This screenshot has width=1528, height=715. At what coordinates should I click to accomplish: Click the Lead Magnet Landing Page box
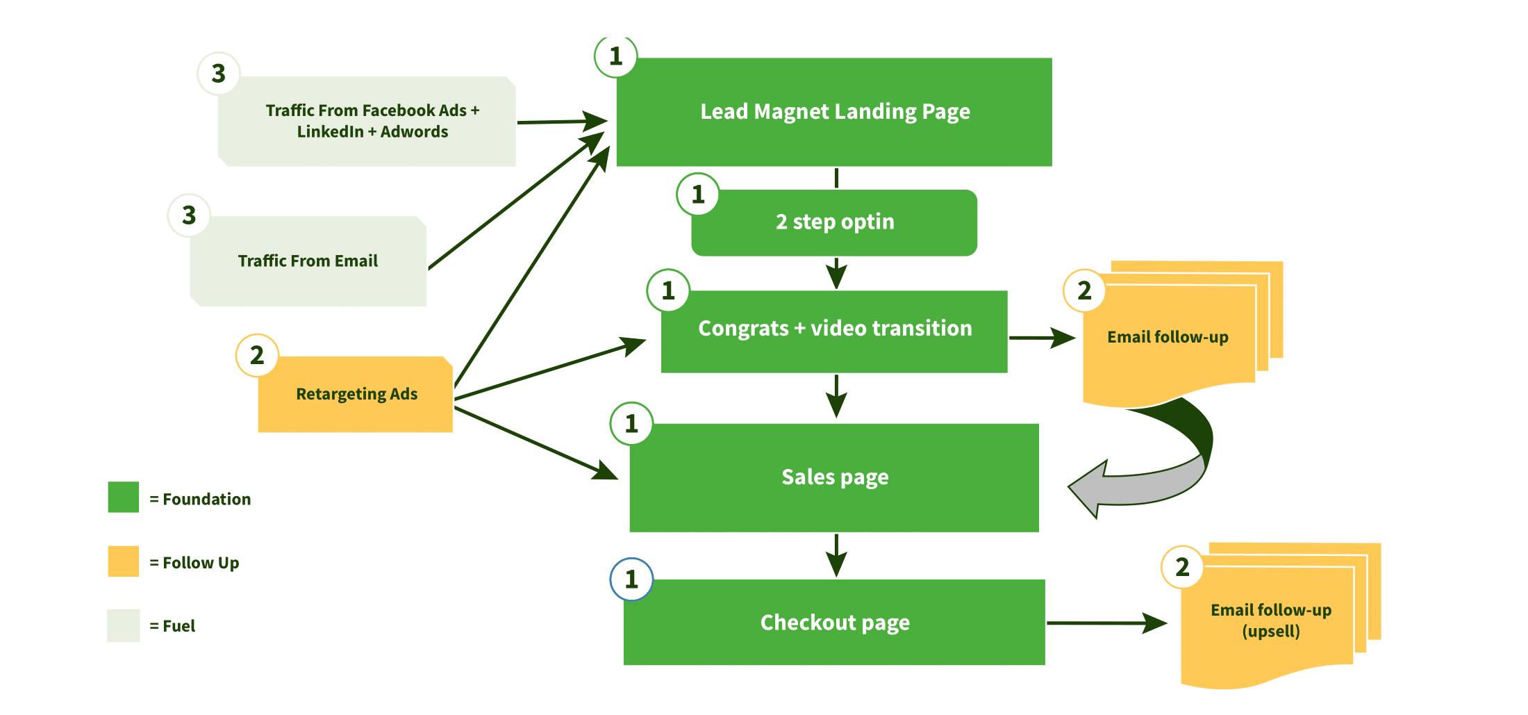[x=834, y=112]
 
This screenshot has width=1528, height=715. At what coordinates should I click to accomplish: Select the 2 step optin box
[x=834, y=222]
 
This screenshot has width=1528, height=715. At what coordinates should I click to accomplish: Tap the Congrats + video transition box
[x=834, y=331]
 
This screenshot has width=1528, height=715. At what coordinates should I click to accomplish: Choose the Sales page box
[x=834, y=478]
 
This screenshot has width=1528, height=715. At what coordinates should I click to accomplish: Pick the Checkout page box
[x=834, y=622]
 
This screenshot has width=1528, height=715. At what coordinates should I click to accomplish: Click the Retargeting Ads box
[x=356, y=395]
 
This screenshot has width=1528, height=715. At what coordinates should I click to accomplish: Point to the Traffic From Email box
[x=308, y=261]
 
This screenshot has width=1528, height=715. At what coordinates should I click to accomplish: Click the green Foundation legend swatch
[x=124, y=498]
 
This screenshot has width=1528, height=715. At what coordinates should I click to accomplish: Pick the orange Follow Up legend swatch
[x=124, y=561]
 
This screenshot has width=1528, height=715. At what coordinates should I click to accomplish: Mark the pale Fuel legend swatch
[x=124, y=625]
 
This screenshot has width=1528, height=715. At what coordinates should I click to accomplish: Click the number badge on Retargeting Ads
[x=257, y=355]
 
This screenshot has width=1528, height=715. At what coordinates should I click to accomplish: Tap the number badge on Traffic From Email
[x=189, y=215]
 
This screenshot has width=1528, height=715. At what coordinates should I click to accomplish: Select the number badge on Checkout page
[x=631, y=579]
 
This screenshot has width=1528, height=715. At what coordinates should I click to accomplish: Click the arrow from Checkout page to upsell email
[x=1104, y=623]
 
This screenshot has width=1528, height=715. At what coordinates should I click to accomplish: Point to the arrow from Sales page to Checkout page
[x=836, y=554]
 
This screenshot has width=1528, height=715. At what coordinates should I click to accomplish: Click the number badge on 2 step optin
[x=698, y=195]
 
